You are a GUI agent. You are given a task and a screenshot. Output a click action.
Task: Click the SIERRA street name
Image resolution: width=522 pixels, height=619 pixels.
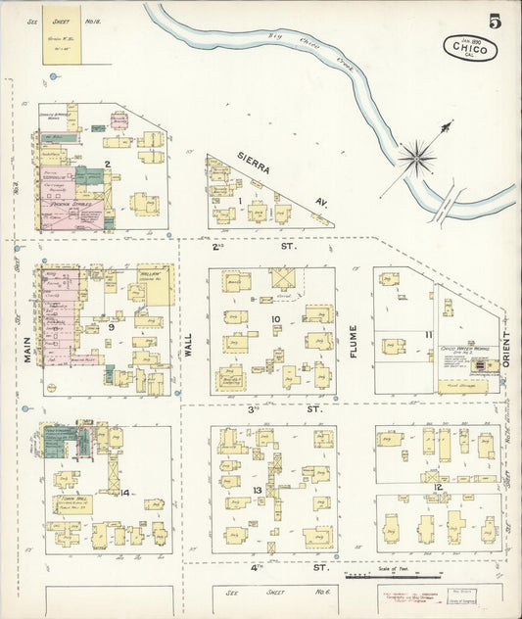pyautogui.click(x=253, y=165)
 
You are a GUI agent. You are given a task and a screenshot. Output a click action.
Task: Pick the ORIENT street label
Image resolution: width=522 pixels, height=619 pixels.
pyautogui.click(x=506, y=347)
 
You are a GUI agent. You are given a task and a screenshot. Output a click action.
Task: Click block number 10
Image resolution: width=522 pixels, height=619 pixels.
pyautogui.click(x=276, y=319)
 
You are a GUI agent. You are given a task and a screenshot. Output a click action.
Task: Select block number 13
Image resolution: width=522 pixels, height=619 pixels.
pyautogui.click(x=258, y=490)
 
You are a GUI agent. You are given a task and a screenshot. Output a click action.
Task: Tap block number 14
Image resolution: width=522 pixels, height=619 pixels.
pyautogui.click(x=125, y=492)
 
